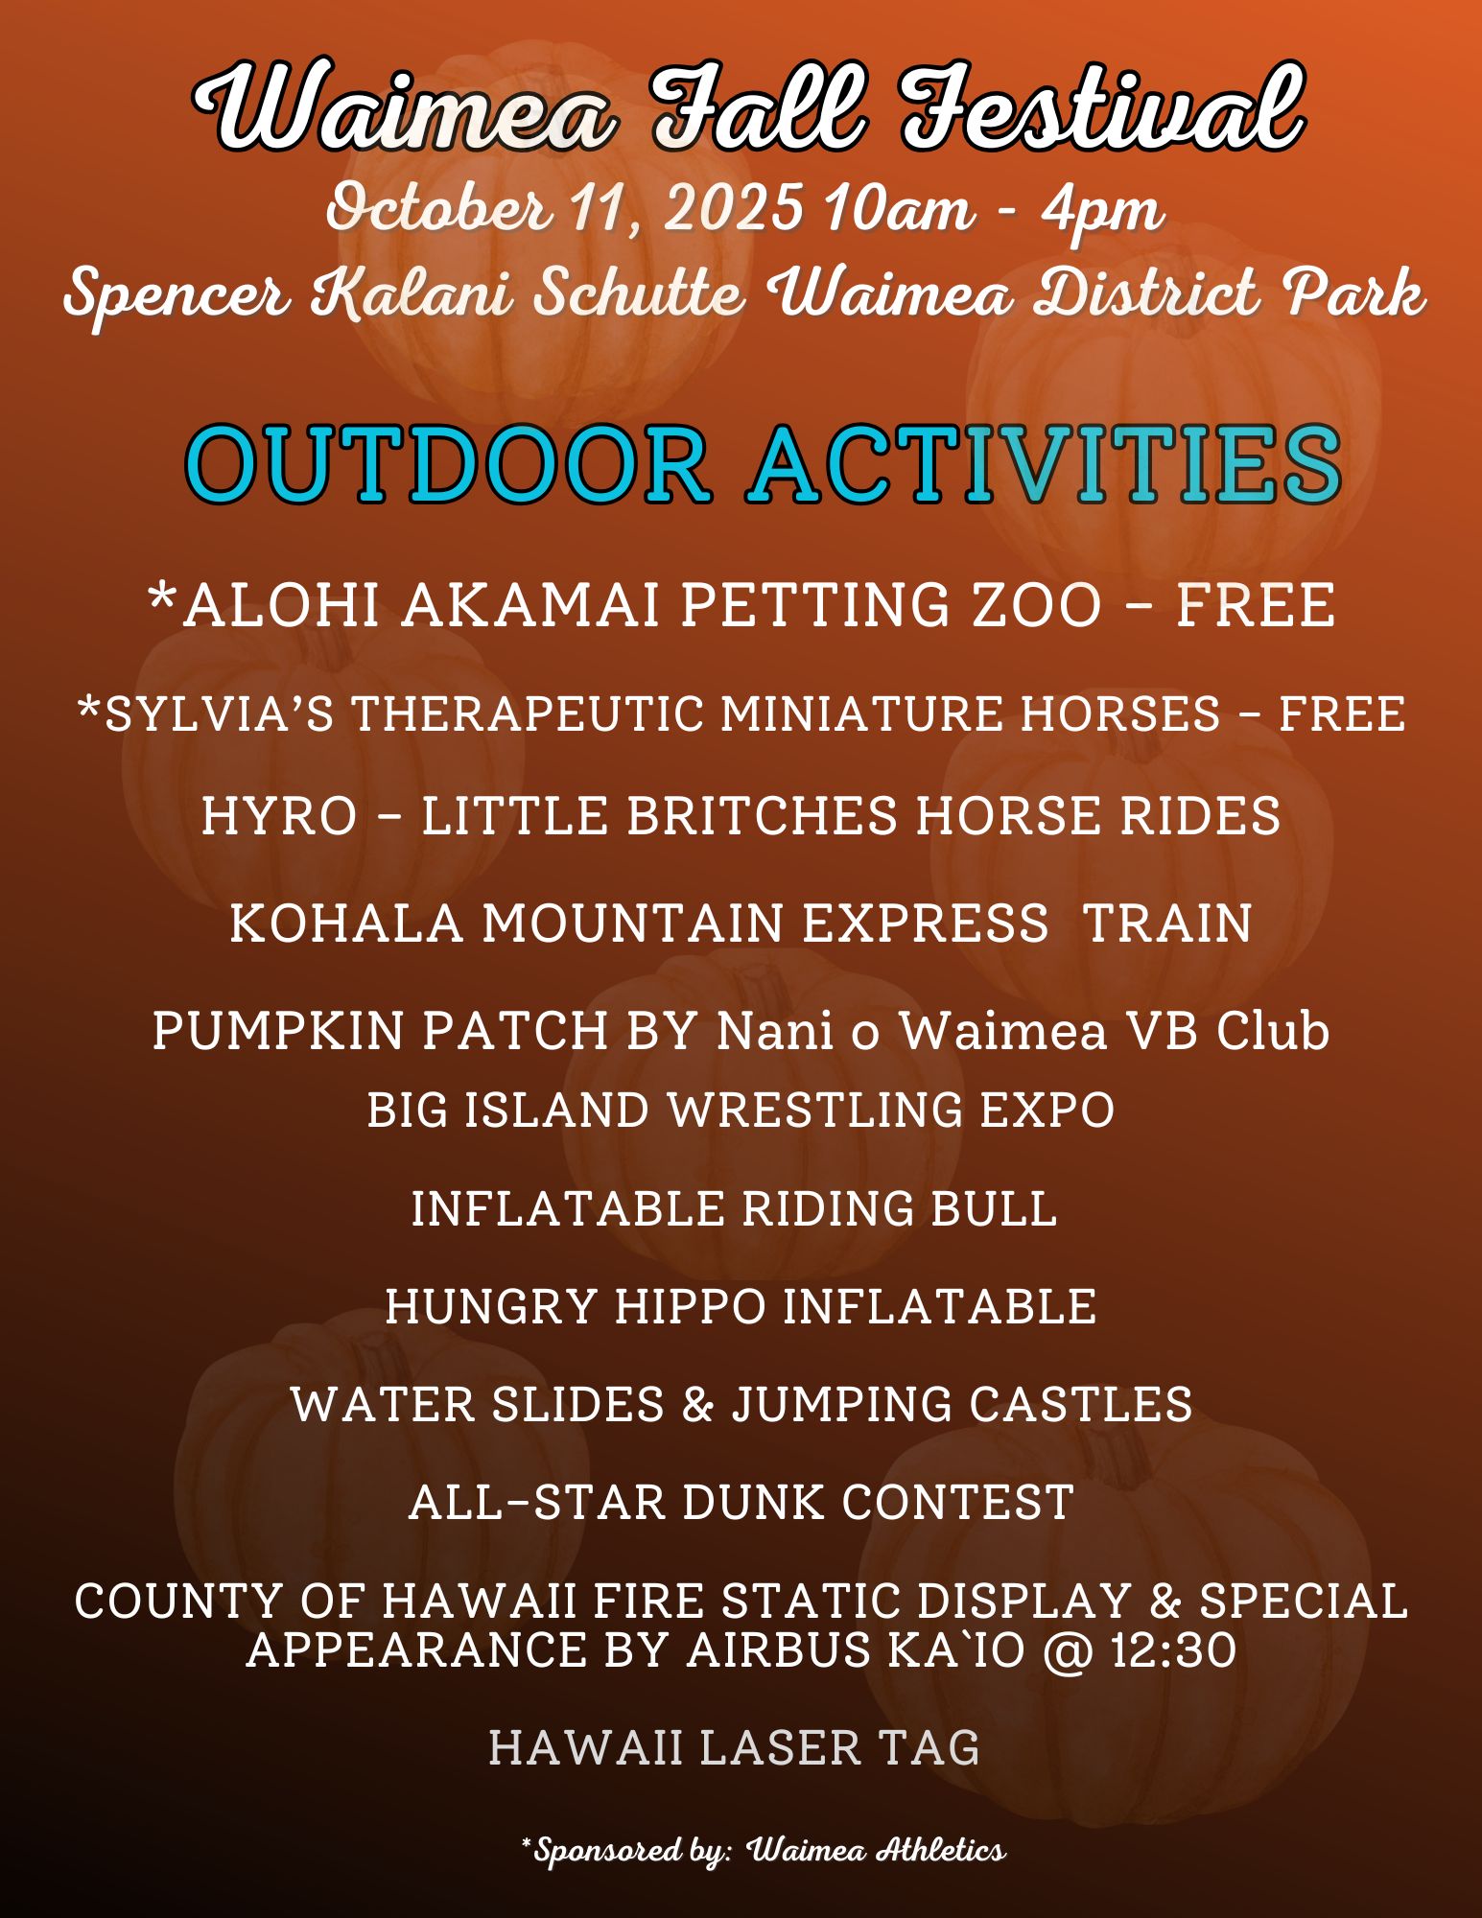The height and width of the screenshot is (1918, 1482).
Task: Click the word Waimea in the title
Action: coord(403,107)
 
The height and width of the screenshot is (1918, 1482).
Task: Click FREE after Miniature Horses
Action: coord(1343,714)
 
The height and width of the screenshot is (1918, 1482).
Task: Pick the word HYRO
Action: coord(279,816)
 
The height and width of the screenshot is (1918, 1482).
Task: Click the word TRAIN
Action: coord(1167,924)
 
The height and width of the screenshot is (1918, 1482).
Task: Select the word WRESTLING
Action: coord(814,1111)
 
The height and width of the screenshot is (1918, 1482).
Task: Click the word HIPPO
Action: coord(690,1306)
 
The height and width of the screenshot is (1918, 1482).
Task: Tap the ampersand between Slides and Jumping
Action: coord(698,1405)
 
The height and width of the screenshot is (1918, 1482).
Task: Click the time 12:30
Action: coord(1173,1650)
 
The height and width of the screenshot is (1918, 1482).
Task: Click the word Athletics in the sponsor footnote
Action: coord(941,1850)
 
